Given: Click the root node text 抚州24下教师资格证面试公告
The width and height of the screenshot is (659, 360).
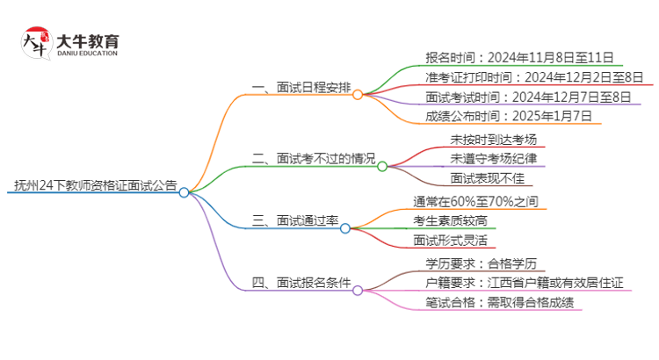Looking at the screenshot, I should pos(95,185).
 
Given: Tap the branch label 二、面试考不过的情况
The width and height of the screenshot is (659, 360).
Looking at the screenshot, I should pos(313,159).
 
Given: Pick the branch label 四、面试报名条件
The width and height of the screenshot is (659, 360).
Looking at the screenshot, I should pos(301,284).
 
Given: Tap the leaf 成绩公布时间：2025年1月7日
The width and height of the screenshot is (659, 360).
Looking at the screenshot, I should pos(508,116).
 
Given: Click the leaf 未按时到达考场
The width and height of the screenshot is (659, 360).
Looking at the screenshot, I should pos(494,139).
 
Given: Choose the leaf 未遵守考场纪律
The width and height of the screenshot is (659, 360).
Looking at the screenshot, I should pos(494,159).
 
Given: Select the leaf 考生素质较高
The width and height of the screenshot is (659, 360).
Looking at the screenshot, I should pos(457,221).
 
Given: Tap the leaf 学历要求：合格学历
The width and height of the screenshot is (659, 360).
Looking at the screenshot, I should pos(481,263).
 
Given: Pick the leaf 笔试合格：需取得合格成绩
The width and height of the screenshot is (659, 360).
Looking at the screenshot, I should pos(499,303).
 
